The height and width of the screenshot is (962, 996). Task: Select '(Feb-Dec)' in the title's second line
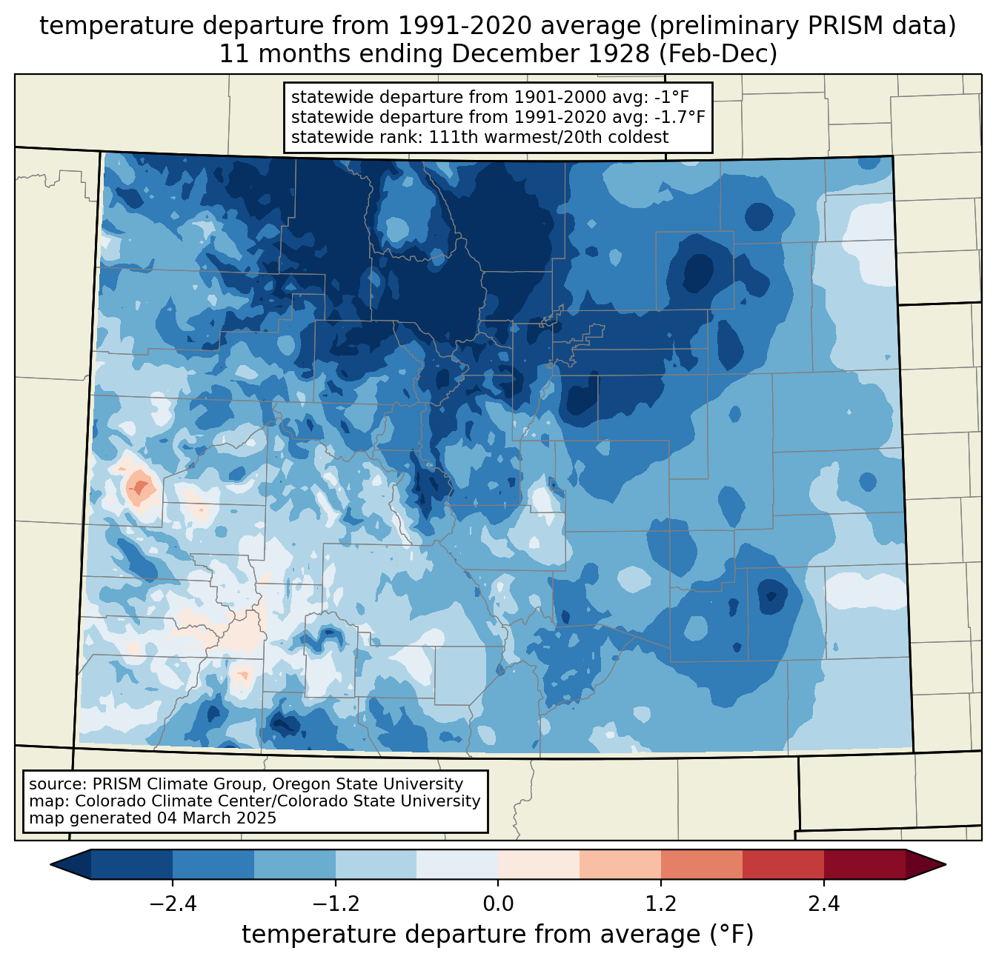(717, 54)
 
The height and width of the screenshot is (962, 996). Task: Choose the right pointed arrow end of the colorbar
(926, 865)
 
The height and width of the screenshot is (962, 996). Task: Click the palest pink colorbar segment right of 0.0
(539, 865)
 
